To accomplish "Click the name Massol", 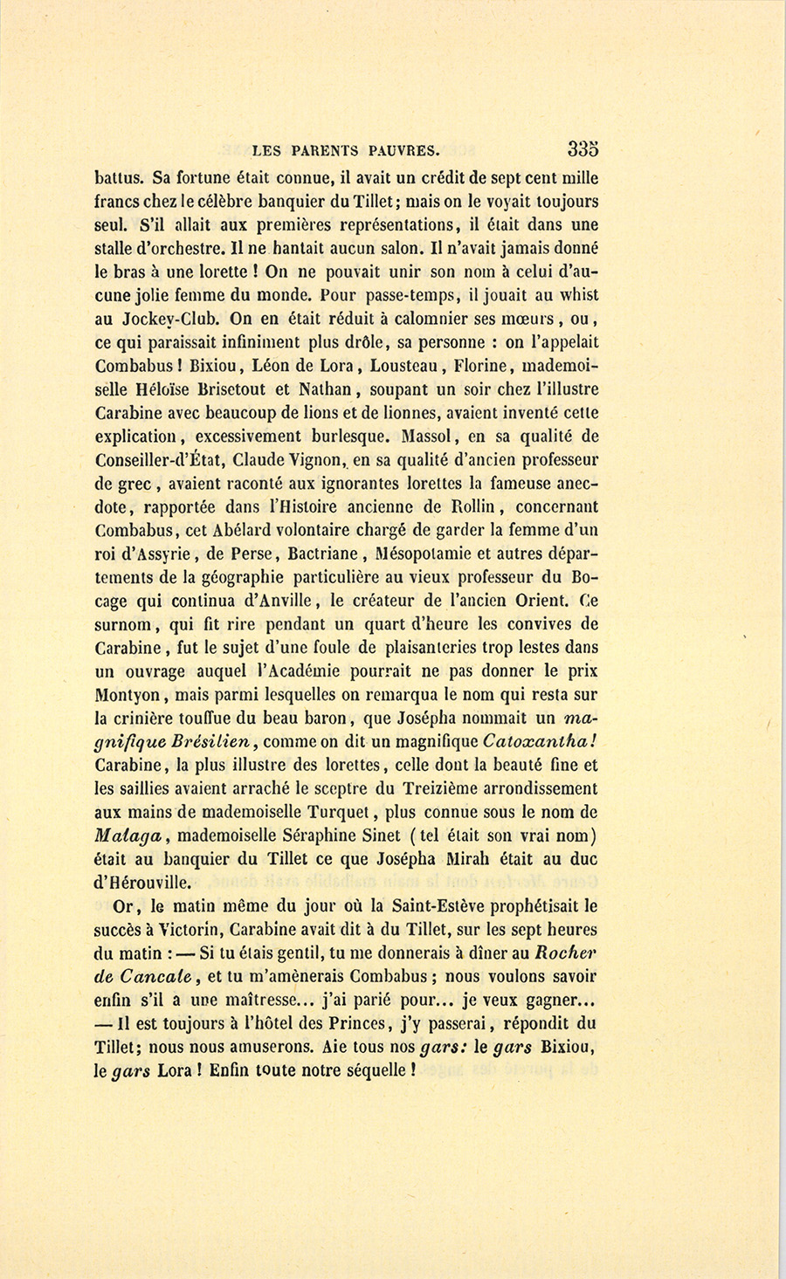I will [x=430, y=436].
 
